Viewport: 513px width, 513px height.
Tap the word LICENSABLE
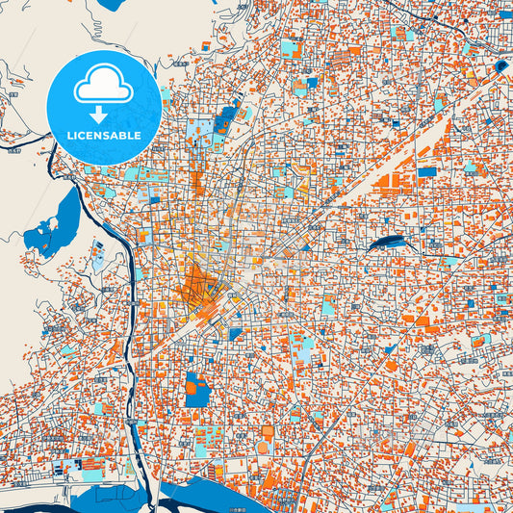103,136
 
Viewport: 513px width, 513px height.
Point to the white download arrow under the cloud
103,115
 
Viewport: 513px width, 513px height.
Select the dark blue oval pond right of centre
387,243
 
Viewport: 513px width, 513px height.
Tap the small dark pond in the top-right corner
501,66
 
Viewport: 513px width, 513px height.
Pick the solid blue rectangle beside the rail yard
426,172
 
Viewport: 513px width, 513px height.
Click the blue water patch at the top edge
111,4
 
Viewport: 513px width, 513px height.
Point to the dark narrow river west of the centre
127,289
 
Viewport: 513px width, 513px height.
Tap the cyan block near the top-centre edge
290,45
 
